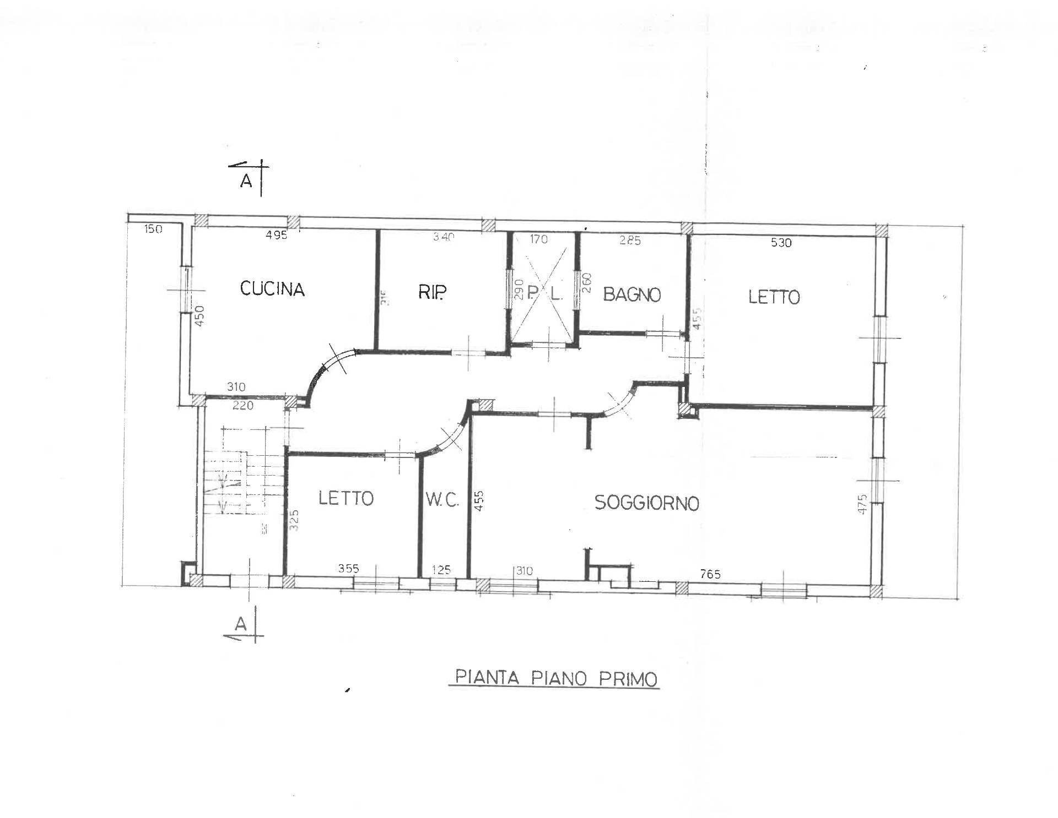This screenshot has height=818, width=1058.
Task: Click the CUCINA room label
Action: [272, 289]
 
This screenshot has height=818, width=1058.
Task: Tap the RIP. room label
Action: [432, 292]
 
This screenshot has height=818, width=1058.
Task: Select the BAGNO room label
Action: [631, 295]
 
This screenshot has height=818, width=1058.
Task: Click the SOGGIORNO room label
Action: [646, 503]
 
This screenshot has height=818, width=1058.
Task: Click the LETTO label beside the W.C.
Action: [346, 498]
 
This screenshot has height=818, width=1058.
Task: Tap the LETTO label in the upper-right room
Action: [774, 297]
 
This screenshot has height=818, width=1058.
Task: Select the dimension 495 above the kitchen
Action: [277, 235]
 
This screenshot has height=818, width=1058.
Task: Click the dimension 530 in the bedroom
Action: [781, 242]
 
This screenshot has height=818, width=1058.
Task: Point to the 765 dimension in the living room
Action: [710, 575]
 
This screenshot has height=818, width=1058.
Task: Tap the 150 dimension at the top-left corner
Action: [153, 229]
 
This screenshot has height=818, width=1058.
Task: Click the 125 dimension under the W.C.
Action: [441, 570]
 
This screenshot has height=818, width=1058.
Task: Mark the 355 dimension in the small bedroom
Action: [349, 569]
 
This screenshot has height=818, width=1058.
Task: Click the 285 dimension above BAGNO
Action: [630, 240]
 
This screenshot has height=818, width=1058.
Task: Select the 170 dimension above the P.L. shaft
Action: [539, 239]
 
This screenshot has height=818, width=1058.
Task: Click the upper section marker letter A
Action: [246, 181]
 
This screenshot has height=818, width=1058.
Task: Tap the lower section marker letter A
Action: [241, 624]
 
